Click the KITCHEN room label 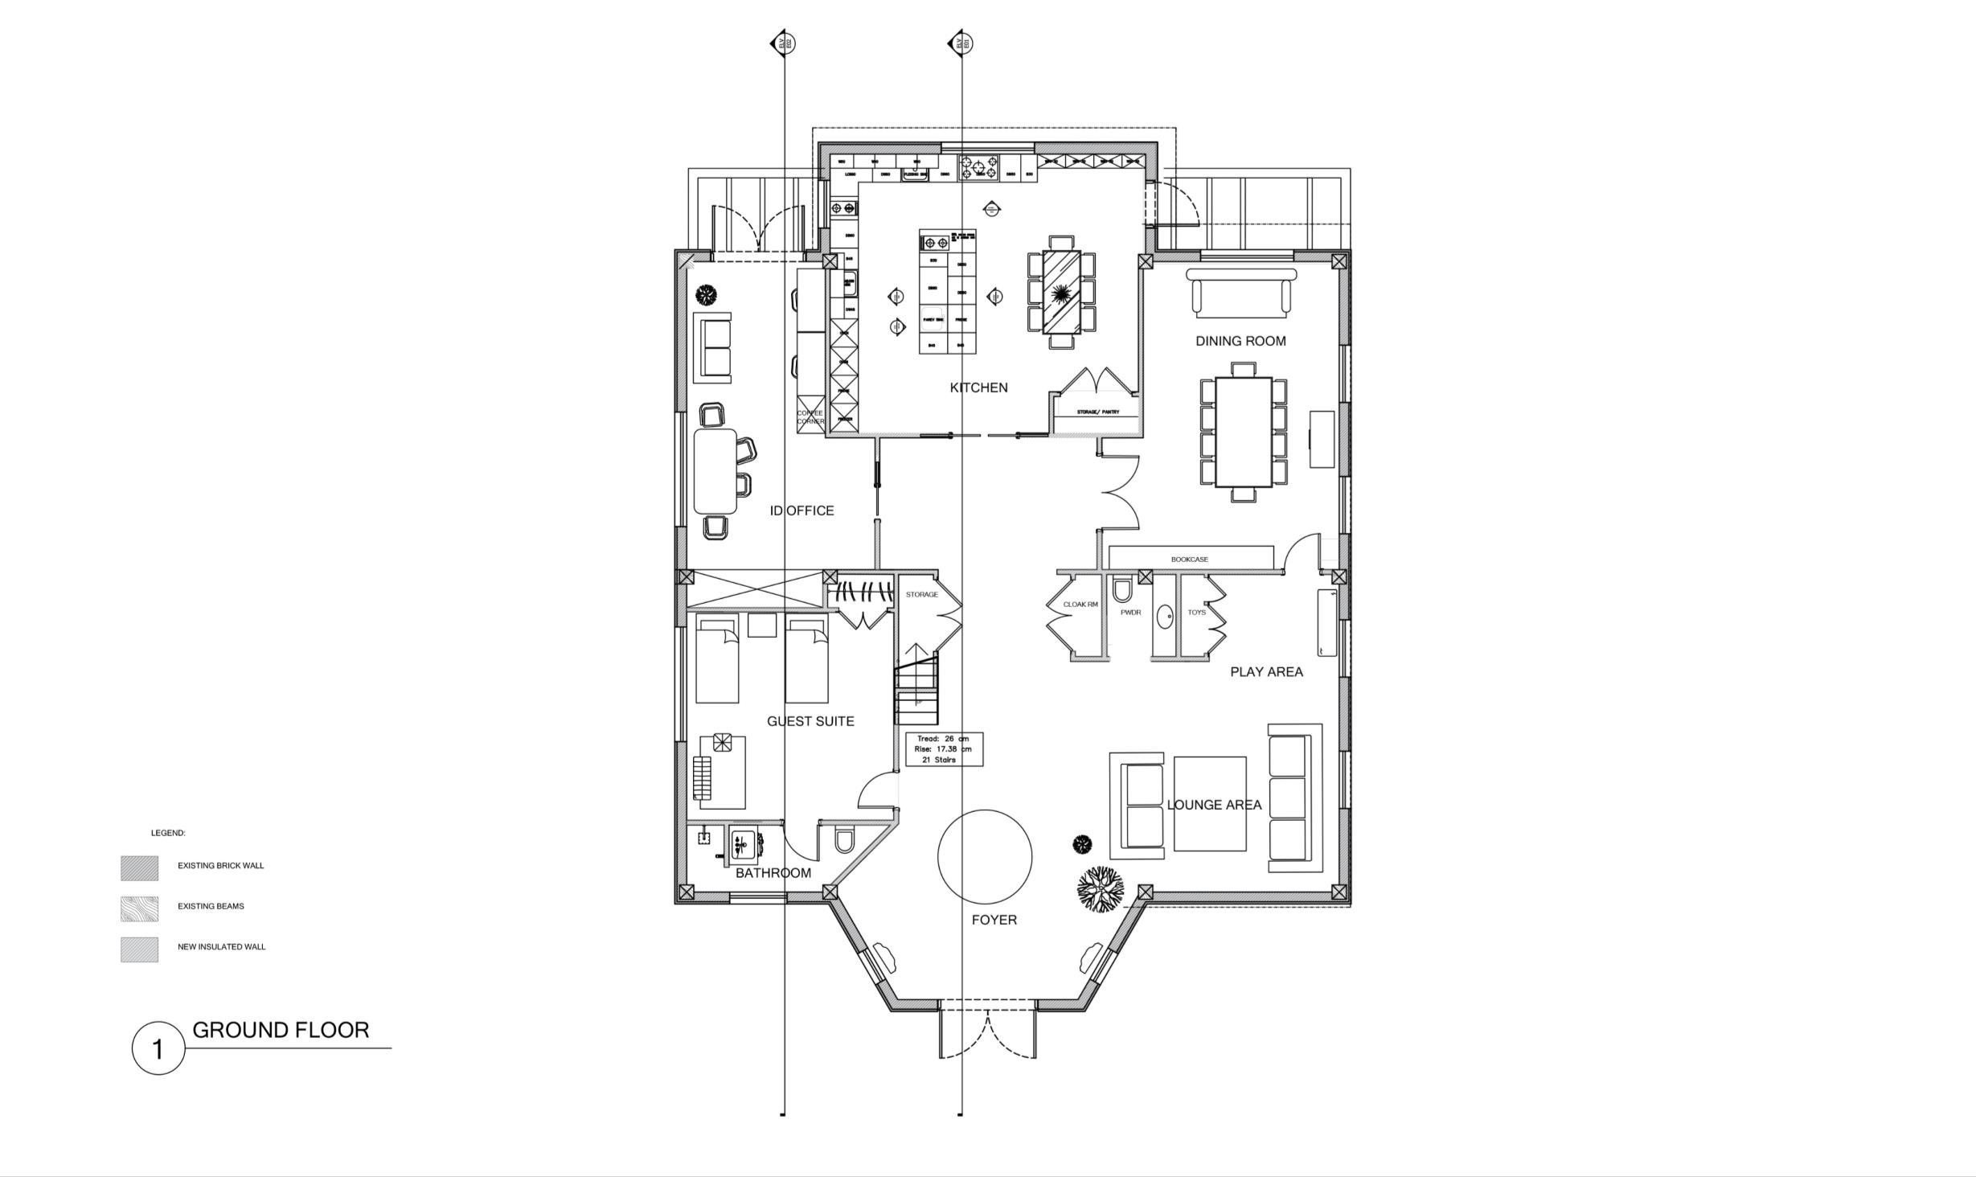pyautogui.click(x=978, y=388)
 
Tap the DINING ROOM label pyautogui.click(x=1240, y=341)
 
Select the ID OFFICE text pyautogui.click(x=801, y=511)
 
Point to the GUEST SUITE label pyautogui.click(x=810, y=721)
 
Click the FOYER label pyautogui.click(x=994, y=920)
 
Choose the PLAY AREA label pyautogui.click(x=1266, y=672)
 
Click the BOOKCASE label pyautogui.click(x=1189, y=560)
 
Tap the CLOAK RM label pyautogui.click(x=1080, y=605)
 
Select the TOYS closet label pyautogui.click(x=1196, y=613)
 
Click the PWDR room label pyautogui.click(x=1130, y=613)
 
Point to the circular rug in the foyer pyautogui.click(x=985, y=855)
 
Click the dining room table pyautogui.click(x=1243, y=432)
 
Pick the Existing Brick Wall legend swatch pyautogui.click(x=139, y=868)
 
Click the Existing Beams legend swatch pyautogui.click(x=139, y=908)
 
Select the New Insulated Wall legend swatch pyautogui.click(x=139, y=949)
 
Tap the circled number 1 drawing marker pyautogui.click(x=158, y=1048)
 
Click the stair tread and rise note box pyautogui.click(x=944, y=748)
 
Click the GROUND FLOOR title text pyautogui.click(x=281, y=1030)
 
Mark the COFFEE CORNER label pyautogui.click(x=810, y=417)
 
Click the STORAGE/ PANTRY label pyautogui.click(x=1097, y=412)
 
